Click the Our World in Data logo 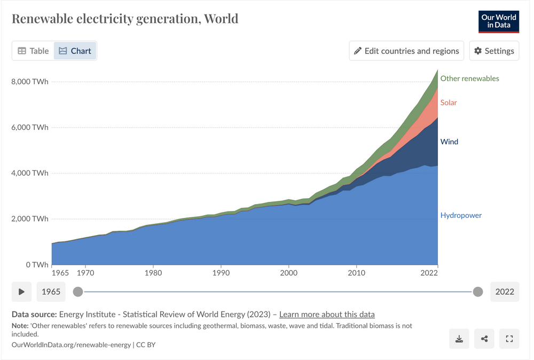499,21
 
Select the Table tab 33,51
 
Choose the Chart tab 75,51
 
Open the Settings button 494,51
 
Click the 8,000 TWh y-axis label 30,82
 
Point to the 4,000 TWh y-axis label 30,173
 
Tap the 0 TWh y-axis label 37,264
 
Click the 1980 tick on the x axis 153,273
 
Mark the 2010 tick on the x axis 356,273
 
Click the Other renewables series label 469,79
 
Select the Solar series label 449,103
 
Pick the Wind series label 449,142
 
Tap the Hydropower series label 461,215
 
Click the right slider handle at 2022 478,292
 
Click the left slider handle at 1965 78,292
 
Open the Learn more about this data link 327,314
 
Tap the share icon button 484,339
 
